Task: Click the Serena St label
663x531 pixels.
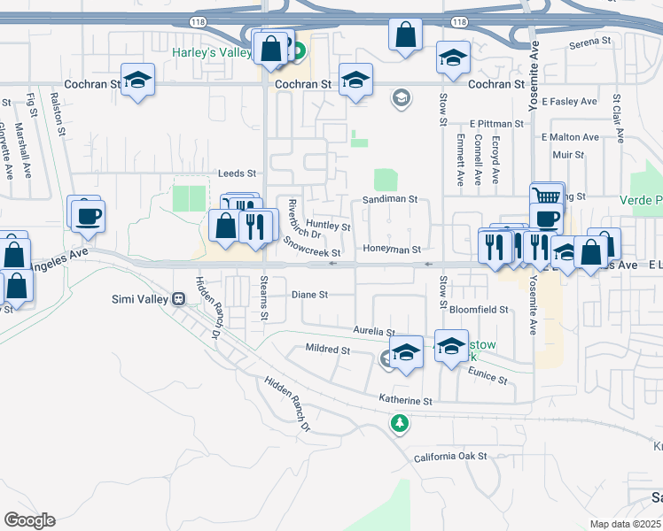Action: click(x=591, y=42)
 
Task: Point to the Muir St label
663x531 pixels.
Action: click(x=567, y=155)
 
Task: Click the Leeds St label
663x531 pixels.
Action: click(x=237, y=173)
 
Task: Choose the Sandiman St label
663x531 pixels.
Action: click(x=390, y=200)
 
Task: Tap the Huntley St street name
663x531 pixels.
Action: click(x=328, y=227)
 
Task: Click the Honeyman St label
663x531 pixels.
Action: click(x=391, y=250)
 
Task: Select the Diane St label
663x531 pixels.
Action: click(x=311, y=295)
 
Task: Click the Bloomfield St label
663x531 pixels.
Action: click(x=479, y=311)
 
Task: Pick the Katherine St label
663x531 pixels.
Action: click(x=405, y=401)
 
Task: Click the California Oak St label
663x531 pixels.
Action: click(x=451, y=457)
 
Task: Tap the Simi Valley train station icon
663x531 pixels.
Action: click(x=178, y=299)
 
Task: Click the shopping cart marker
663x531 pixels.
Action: click(x=547, y=197)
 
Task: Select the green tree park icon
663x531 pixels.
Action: click(x=401, y=424)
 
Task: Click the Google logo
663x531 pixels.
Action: click(x=29, y=519)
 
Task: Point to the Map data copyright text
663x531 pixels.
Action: click(x=625, y=524)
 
